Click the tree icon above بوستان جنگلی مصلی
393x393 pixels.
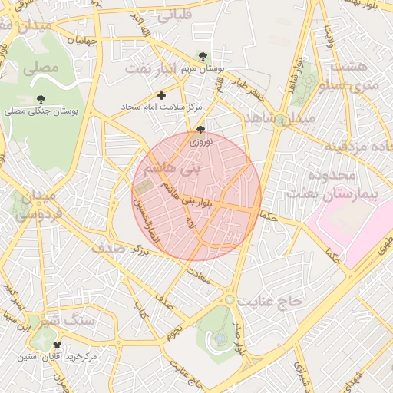pyautogui.click(x=40, y=99)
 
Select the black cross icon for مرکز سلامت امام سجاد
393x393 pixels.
pyautogui.click(x=161, y=96)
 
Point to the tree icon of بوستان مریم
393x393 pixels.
pyautogui.click(x=202, y=56)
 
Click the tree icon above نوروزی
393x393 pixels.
pyautogui.click(x=201, y=130)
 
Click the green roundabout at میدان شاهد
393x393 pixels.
pyautogui.click(x=282, y=120)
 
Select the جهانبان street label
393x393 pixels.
pyautogui.click(x=82, y=39)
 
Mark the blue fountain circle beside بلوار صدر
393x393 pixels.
pyautogui.click(x=220, y=337)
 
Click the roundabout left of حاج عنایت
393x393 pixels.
pyautogui.click(x=230, y=299)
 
